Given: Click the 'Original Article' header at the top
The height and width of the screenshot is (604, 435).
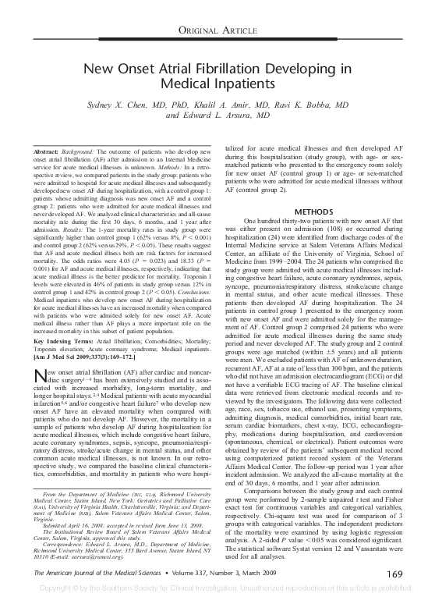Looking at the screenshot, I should pyautogui.click(x=217, y=29).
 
